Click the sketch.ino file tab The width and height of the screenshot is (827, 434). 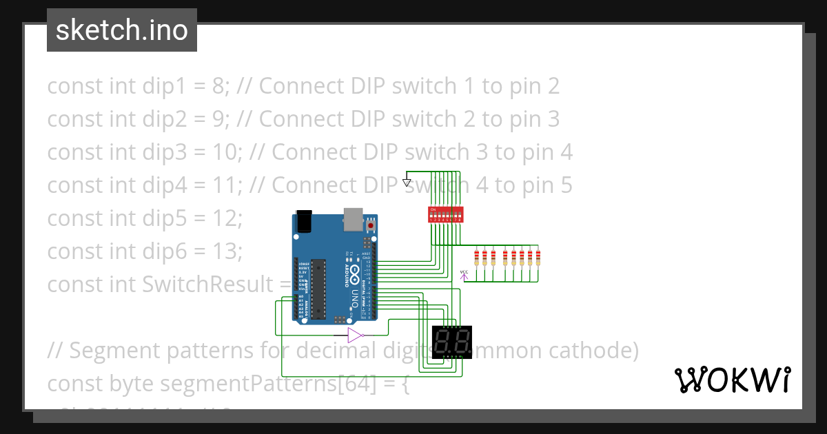[122, 30]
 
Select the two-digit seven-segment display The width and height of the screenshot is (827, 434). [452, 339]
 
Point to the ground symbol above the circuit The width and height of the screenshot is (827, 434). [407, 183]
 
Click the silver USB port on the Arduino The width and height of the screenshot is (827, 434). [353, 218]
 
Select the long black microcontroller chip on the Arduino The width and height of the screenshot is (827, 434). [317, 289]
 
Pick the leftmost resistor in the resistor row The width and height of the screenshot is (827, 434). [476, 258]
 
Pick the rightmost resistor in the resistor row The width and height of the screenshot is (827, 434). [538, 258]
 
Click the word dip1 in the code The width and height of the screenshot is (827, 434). [165, 86]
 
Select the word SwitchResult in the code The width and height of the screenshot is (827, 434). [207, 284]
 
